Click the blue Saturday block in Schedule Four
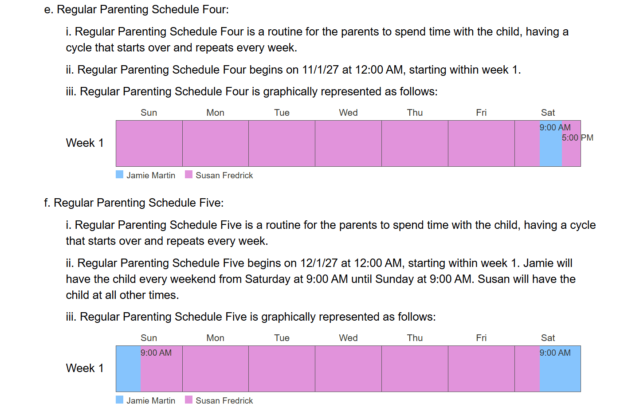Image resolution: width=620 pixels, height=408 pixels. coord(550,143)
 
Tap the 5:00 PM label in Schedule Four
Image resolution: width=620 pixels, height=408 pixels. coord(577,137)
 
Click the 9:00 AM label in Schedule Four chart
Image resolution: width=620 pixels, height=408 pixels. coord(555,127)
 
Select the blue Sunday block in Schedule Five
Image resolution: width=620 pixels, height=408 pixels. coord(129,369)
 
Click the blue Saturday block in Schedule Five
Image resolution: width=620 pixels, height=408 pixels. coord(560,369)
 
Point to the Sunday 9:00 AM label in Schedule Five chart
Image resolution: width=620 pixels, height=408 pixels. coord(156,353)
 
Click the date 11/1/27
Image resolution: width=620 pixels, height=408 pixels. coord(320,70)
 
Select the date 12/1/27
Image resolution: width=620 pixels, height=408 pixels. coord(319,263)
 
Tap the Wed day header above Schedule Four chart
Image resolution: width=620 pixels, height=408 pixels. coord(348,113)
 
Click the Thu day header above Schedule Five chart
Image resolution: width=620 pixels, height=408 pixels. coord(415,338)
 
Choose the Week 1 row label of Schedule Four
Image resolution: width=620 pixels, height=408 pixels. coord(85,143)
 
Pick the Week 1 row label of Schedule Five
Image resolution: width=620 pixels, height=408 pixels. coord(85,368)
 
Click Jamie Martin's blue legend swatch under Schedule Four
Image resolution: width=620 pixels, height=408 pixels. coord(120,175)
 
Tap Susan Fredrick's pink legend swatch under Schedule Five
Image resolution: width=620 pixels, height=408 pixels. coord(189,400)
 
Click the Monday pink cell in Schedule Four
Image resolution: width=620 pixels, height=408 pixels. coord(216,143)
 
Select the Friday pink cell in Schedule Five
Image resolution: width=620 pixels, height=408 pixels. coord(481,369)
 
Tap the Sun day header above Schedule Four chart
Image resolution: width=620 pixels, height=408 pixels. coord(149,113)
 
